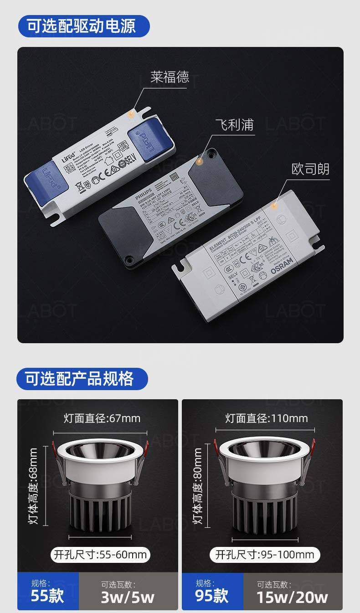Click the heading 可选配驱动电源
point(82,26)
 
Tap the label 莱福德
point(170,77)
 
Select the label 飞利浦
point(234,124)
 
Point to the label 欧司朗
point(310,169)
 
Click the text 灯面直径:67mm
point(102,418)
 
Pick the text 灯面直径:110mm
point(267,418)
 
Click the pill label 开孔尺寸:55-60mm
point(101,554)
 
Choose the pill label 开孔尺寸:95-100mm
point(265,554)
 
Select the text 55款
point(47,596)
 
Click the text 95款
point(211,596)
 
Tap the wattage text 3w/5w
point(128,597)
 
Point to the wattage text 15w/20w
point(292,597)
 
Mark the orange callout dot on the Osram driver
point(274,206)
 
